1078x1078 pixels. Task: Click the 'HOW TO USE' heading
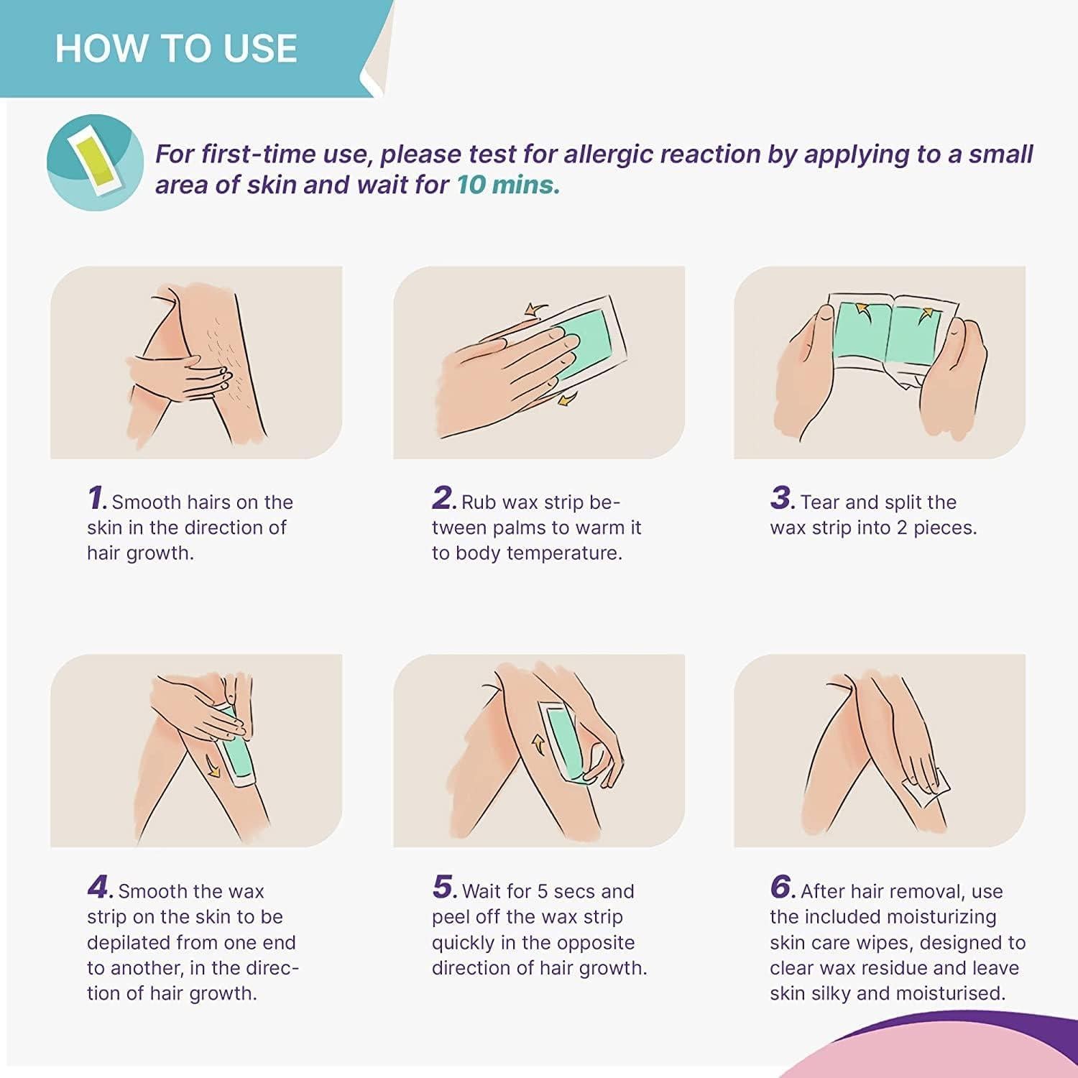coord(176,48)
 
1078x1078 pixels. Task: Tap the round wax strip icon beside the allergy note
coord(95,163)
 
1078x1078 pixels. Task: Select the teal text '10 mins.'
coord(508,185)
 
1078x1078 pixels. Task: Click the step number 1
coord(96,498)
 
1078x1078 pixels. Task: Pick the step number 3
coord(781,498)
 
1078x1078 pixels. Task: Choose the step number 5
coord(444,888)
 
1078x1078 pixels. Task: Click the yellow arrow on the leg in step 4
coord(213,766)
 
